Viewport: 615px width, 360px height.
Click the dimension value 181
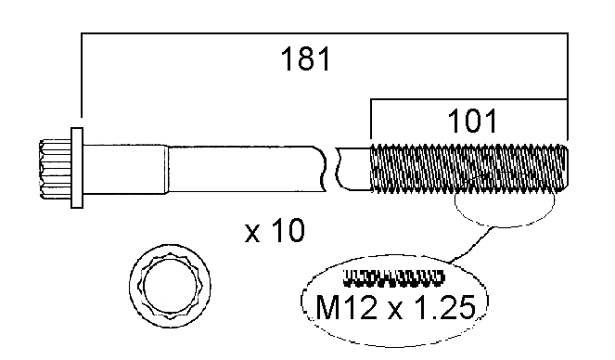[x=305, y=60]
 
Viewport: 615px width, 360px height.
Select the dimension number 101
[x=472, y=121]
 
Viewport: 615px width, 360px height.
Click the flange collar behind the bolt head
[x=77, y=168]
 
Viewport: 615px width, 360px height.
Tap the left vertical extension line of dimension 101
[x=371, y=121]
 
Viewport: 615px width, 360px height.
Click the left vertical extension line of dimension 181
[x=82, y=84]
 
